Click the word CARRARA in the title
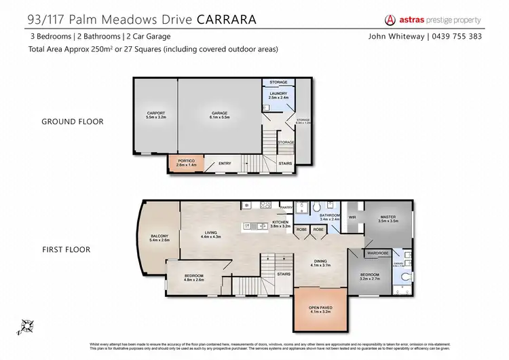227,19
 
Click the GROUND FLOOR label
73,122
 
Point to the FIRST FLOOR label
67,249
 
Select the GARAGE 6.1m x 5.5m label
218,115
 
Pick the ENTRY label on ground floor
225,163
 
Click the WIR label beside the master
352,217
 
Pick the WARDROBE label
377,253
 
